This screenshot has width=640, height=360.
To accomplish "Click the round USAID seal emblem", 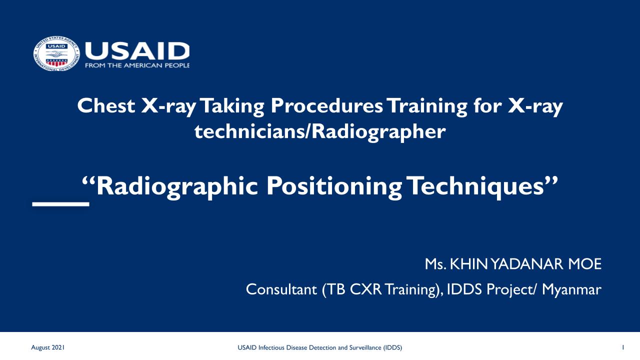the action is point(56,53).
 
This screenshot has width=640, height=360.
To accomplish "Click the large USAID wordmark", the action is point(137,51).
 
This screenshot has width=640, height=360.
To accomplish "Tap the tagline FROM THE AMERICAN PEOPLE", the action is point(137,65).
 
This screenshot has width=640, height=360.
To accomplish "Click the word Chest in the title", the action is point(106,105).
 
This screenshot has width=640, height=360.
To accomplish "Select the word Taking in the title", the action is point(232,106).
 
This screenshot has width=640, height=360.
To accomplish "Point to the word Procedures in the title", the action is point(326,106).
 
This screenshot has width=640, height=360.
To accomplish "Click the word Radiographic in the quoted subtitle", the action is point(176,186).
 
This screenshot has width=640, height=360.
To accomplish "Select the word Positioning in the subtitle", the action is point(333,186).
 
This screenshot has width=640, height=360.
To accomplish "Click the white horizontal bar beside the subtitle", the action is point(60,204).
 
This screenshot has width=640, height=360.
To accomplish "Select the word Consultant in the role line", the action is point(281,289).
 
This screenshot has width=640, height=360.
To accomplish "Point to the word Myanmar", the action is point(571,289).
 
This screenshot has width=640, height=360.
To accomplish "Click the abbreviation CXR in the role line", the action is point(365,289).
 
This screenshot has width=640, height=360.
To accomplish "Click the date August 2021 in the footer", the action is point(47,347).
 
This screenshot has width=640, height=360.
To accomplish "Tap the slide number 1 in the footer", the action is point(623,347).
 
